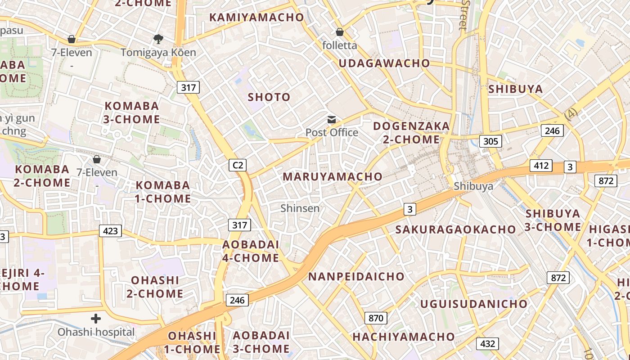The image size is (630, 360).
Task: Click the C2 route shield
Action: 238,165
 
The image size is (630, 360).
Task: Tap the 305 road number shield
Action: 490,141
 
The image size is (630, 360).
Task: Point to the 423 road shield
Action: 110,231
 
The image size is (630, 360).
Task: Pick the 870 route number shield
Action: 376,318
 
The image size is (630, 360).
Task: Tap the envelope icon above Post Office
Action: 332,120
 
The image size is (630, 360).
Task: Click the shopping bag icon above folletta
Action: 340,32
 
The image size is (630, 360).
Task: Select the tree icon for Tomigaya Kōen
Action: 158,39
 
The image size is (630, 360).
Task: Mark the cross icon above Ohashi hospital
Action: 96,319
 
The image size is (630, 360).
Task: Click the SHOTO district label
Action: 269,97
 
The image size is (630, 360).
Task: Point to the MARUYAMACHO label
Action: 332,177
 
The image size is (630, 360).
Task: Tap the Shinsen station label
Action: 300,208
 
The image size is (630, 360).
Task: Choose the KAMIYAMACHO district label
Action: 256,18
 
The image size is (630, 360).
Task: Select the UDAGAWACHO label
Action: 384,63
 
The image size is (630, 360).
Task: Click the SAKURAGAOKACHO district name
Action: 455,229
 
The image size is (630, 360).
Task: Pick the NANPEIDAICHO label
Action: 356,277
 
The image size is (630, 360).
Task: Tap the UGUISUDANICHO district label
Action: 473,304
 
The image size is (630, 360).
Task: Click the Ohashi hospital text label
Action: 96,332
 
